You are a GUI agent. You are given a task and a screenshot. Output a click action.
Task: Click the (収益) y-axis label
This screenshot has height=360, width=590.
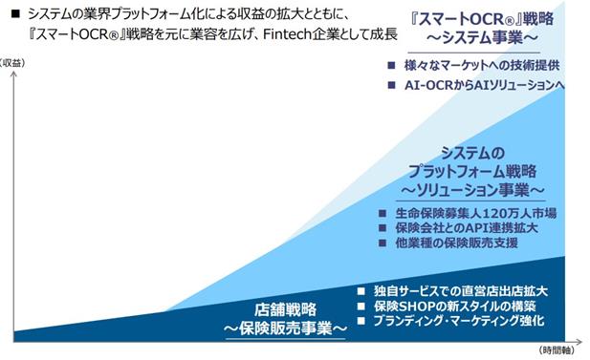click(x=12, y=63)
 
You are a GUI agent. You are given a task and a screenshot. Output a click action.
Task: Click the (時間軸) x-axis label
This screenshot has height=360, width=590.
click(x=557, y=350)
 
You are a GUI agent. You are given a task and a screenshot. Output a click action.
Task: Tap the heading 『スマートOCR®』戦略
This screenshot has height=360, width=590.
click(x=482, y=19)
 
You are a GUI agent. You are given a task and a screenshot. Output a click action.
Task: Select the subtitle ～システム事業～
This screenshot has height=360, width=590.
click(x=482, y=38)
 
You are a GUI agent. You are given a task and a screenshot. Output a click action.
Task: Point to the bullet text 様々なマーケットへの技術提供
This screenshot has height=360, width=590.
click(x=482, y=65)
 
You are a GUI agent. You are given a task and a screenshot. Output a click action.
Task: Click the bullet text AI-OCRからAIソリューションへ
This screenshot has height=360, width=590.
click(x=484, y=85)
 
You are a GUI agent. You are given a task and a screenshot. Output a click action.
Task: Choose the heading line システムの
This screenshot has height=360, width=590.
click(x=472, y=153)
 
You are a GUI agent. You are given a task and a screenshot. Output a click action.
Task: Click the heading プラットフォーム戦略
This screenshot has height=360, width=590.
click(x=472, y=171)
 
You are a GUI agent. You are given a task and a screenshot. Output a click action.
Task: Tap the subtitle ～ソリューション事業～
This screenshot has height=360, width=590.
click(x=472, y=190)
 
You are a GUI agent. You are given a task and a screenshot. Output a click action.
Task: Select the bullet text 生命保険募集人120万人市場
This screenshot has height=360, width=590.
click(x=475, y=214)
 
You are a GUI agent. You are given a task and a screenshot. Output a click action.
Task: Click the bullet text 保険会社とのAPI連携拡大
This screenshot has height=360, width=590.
click(x=467, y=228)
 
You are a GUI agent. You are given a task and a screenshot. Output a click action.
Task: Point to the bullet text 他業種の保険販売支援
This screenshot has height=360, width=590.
click(x=457, y=243)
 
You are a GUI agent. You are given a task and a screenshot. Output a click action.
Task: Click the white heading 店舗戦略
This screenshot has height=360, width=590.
click(x=286, y=310)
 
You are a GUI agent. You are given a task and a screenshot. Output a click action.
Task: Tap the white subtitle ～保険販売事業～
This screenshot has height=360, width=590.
click(x=286, y=328)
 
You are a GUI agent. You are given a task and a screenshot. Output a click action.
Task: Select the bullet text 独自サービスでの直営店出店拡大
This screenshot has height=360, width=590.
click(x=461, y=291)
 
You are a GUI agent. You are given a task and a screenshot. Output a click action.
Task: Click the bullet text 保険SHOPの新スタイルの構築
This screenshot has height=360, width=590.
click(x=454, y=307)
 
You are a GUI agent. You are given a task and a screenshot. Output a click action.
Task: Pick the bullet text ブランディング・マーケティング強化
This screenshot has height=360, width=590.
click(x=459, y=321)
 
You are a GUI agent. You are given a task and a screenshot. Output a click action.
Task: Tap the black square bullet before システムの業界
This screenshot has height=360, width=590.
click(x=15, y=14)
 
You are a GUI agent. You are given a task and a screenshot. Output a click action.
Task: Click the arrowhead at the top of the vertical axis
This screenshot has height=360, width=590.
click(x=14, y=74)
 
